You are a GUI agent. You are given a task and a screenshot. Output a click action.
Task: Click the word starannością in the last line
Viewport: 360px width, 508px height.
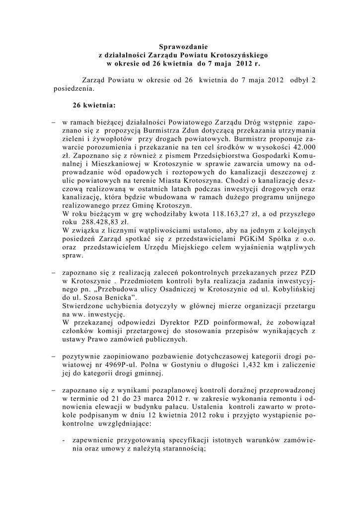point(181,449)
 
